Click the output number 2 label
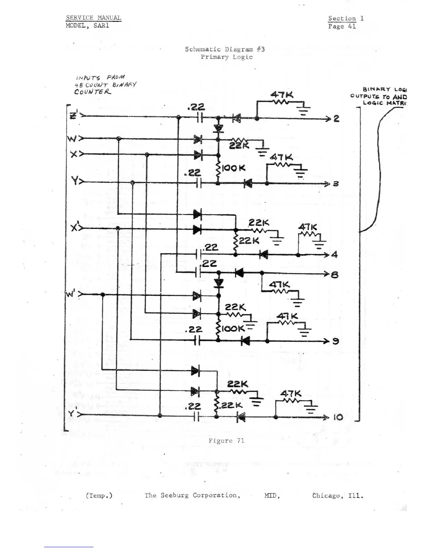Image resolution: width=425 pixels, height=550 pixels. tap(336, 119)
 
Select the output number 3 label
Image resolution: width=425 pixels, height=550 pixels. tap(336, 184)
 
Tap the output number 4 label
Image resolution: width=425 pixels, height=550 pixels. tap(334, 255)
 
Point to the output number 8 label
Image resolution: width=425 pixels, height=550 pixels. tap(335, 275)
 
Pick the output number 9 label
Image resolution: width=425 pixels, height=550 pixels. tap(335, 341)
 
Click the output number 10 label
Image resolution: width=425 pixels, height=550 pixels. tap(338, 417)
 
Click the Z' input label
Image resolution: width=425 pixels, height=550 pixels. tap(74, 115)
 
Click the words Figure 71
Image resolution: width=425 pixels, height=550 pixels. tap(226, 441)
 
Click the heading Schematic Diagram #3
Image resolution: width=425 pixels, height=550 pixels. tap(225, 49)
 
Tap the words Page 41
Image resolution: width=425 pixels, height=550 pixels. tap(342, 26)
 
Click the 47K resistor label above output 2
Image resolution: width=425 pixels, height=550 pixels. tap(282, 94)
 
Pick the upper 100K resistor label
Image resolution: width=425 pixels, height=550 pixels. tap(233, 168)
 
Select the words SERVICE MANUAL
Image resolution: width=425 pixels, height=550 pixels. tap(93, 18)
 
